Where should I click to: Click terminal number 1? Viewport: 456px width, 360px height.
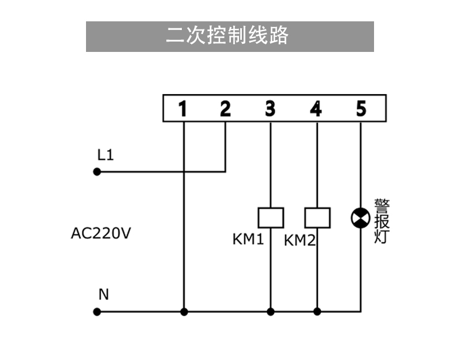click(x=182, y=108)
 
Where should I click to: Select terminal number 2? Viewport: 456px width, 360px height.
click(x=225, y=108)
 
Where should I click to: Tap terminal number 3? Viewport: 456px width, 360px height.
click(x=270, y=108)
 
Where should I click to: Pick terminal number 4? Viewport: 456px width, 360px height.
click(x=316, y=108)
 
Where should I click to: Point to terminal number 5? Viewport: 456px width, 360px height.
click(x=361, y=108)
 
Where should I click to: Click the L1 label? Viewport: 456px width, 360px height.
click(x=105, y=155)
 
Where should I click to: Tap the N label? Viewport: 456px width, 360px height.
click(x=103, y=294)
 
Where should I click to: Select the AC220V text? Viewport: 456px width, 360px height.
click(x=101, y=233)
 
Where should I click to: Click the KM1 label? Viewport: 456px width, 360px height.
click(x=248, y=239)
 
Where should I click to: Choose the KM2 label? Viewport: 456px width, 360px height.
click(x=300, y=241)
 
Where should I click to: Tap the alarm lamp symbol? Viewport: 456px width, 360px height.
click(x=361, y=218)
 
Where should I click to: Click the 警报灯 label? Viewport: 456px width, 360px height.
click(x=382, y=221)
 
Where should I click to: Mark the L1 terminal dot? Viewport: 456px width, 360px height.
click(x=97, y=172)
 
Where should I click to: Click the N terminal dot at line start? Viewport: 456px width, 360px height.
click(x=97, y=312)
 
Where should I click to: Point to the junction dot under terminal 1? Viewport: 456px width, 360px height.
click(x=184, y=312)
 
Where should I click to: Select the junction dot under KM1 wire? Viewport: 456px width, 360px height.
click(x=271, y=312)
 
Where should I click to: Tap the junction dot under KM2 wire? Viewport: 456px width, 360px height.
click(x=317, y=312)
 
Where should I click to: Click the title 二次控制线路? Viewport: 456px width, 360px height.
click(x=227, y=35)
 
